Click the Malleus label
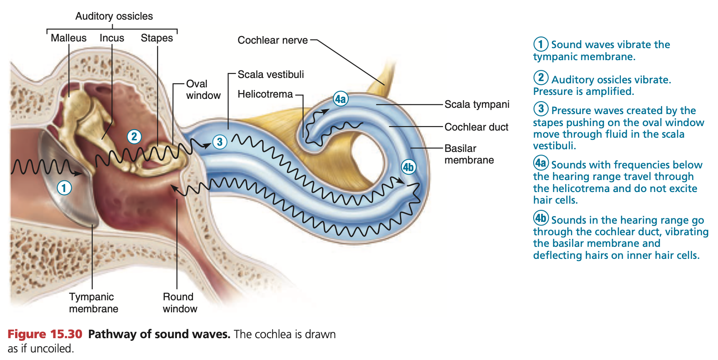coord(69,38)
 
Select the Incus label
coord(112,38)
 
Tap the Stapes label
coord(157,38)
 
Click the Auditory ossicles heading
coord(114,16)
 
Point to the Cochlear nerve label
coord(273,40)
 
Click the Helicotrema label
coord(265,94)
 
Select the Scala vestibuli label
coord(271,74)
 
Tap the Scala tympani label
coord(477,104)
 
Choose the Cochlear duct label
coord(476,127)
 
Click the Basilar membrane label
coord(469,154)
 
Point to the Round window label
coord(179,303)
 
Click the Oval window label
coord(203,90)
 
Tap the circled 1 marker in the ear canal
coord(64,188)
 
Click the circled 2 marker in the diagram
coord(134,136)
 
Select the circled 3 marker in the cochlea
coord(220,142)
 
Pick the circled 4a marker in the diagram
coord(340,99)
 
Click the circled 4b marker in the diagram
coord(408,167)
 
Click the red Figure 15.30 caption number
coord(45,334)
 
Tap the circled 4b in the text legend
coord(541,218)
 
